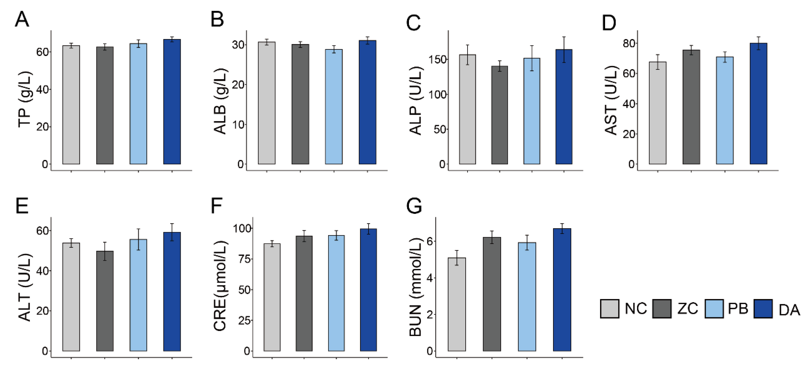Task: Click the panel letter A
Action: (22, 20)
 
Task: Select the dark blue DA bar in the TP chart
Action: (172, 102)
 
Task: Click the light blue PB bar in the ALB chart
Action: (334, 107)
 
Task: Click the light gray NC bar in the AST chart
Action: (657, 113)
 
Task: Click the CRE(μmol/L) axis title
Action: (220, 286)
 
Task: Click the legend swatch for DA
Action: (763, 308)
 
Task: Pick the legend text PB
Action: (738, 308)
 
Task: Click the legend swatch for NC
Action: (609, 308)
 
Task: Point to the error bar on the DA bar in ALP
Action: (564, 49)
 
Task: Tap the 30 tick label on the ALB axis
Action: (238, 45)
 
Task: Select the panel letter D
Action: (609, 23)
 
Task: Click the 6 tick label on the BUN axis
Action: (430, 241)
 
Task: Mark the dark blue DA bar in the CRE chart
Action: (368, 290)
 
